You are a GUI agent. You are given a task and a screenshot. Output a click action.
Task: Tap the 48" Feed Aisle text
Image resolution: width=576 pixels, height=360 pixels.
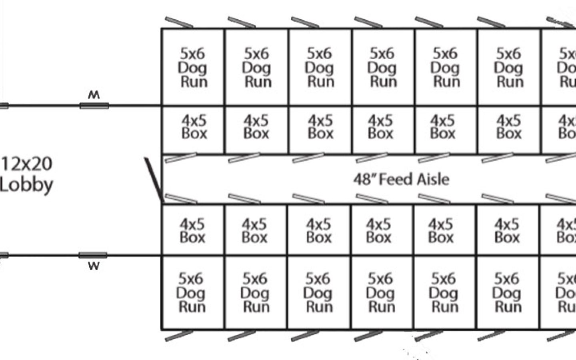(401, 179)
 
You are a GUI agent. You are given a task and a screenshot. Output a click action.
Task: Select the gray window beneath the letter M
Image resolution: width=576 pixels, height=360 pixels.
(94, 106)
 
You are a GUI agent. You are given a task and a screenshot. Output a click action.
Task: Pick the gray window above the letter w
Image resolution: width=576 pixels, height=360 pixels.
(93, 256)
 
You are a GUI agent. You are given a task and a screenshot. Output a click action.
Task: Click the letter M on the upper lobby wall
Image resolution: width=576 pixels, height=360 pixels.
(94, 95)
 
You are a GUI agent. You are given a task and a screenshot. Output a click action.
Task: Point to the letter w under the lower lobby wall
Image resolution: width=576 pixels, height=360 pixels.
(94, 266)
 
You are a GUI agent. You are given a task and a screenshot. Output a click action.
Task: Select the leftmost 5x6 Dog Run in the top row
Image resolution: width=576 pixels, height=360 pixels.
(193, 67)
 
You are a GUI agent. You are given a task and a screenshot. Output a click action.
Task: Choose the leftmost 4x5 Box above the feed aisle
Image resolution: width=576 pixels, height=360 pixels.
(194, 127)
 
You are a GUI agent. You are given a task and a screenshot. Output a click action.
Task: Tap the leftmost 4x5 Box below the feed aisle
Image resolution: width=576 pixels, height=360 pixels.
(192, 231)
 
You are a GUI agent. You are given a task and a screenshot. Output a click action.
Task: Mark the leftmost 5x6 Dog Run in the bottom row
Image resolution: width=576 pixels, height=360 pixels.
(191, 293)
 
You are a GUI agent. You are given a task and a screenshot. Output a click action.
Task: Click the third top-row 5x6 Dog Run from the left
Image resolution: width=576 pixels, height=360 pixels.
(320, 67)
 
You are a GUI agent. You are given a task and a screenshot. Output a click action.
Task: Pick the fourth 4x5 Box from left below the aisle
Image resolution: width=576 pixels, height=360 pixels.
(378, 231)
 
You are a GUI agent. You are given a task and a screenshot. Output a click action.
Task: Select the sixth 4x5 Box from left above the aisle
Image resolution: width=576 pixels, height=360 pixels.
(509, 127)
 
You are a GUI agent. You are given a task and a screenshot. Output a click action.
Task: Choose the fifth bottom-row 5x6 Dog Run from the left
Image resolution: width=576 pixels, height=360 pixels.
(443, 293)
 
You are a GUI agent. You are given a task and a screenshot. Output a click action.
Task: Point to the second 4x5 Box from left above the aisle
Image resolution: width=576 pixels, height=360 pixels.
(256, 127)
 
